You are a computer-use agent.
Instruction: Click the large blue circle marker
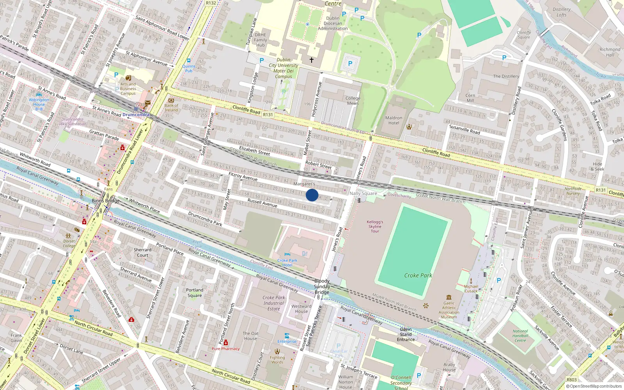click(x=312, y=195)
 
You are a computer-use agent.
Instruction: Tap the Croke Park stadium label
click(x=418, y=275)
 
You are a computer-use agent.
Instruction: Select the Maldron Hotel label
click(x=394, y=120)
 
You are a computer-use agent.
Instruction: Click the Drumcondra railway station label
click(x=136, y=115)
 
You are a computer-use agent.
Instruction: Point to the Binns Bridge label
click(x=106, y=200)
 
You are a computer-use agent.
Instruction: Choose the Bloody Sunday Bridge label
click(x=322, y=286)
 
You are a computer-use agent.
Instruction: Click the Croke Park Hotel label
click(x=287, y=262)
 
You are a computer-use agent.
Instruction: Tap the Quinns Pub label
click(x=189, y=68)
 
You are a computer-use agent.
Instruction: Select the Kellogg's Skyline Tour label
click(x=375, y=226)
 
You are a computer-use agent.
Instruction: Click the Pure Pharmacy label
click(x=225, y=349)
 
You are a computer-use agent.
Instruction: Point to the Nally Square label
click(x=363, y=193)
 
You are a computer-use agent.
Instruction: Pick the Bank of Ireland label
click(x=171, y=108)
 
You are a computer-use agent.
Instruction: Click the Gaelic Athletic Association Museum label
click(x=449, y=310)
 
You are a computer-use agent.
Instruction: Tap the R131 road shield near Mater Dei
click(x=268, y=115)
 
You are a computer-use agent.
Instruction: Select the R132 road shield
click(x=211, y=3)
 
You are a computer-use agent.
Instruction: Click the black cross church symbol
click(x=312, y=60)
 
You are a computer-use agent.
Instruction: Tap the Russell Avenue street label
click(x=262, y=203)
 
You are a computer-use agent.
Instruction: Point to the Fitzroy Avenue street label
click(x=243, y=176)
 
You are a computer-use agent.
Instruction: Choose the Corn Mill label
click(x=470, y=98)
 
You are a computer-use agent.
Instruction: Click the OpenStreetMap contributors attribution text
click(x=594, y=386)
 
